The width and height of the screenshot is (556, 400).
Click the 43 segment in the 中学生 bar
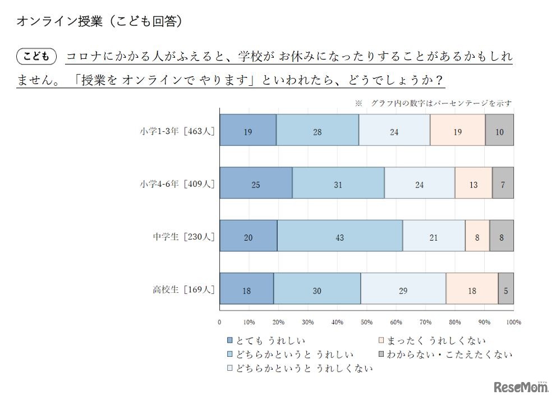[339, 237]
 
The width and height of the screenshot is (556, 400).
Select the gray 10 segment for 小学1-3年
[499, 132]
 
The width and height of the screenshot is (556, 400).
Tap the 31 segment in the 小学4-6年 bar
[338, 185]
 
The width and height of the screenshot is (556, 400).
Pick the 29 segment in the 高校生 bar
[403, 290]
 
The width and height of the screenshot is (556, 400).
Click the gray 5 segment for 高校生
[506, 290]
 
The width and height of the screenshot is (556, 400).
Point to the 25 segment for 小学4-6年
[256, 185]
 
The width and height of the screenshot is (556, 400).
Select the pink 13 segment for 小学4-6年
[473, 185]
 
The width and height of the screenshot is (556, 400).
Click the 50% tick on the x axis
[366, 322]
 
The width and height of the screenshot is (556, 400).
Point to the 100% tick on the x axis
[513, 322]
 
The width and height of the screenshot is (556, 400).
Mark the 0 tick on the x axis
[219, 322]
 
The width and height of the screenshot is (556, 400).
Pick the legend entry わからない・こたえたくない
[445, 354]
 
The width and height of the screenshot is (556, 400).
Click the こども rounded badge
[38, 56]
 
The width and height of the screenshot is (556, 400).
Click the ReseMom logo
[521, 386]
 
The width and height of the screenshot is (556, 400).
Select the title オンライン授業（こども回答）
[100, 21]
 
